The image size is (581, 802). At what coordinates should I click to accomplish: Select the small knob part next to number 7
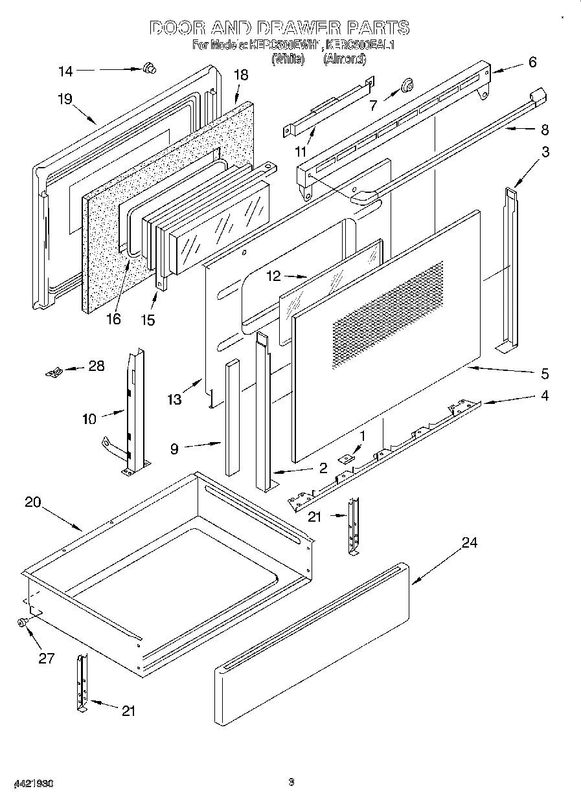pyautogui.click(x=407, y=84)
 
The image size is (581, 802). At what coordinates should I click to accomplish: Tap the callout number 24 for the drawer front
pyautogui.click(x=469, y=542)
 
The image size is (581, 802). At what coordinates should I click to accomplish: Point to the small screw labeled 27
pyautogui.click(x=22, y=622)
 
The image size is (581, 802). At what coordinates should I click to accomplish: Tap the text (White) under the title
pyautogui.click(x=288, y=59)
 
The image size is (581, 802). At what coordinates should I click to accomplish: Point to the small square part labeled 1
pyautogui.click(x=347, y=458)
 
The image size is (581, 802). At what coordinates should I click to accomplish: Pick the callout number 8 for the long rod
pyautogui.click(x=544, y=129)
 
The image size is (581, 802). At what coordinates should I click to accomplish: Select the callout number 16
pyautogui.click(x=114, y=319)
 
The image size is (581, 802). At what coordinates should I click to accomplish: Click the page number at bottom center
pyautogui.click(x=291, y=782)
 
